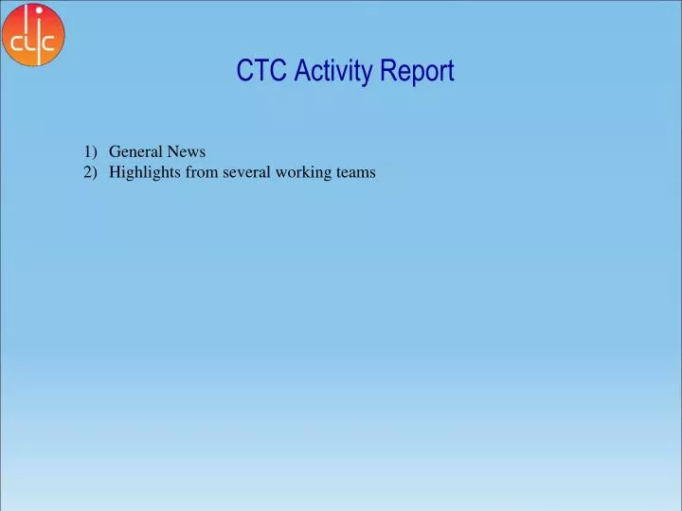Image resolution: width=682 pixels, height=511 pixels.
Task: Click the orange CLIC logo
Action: pyautogui.click(x=34, y=35)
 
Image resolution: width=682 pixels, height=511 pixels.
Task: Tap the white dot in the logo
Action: pyautogui.click(x=39, y=10)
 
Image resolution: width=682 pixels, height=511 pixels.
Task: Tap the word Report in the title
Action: pyautogui.click(x=417, y=71)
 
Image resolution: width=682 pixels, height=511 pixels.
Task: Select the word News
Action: pyautogui.click(x=187, y=151)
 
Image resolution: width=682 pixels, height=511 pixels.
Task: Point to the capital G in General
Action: pyautogui.click(x=115, y=151)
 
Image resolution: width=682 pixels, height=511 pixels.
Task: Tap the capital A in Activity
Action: pyautogui.click(x=299, y=71)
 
